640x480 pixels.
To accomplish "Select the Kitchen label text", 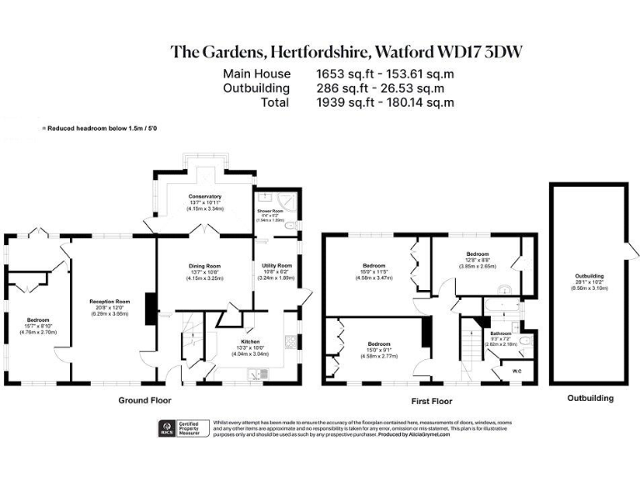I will tap(251, 342).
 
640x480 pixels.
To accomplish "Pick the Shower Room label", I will tap(271, 212).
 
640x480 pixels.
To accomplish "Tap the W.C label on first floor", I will tap(516, 372).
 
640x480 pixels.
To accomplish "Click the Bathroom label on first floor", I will tap(501, 333).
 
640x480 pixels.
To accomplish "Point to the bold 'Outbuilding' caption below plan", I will tap(590, 398).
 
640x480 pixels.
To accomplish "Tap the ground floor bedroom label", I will tap(37, 320).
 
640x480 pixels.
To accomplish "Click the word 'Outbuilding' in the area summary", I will tap(257, 87).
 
